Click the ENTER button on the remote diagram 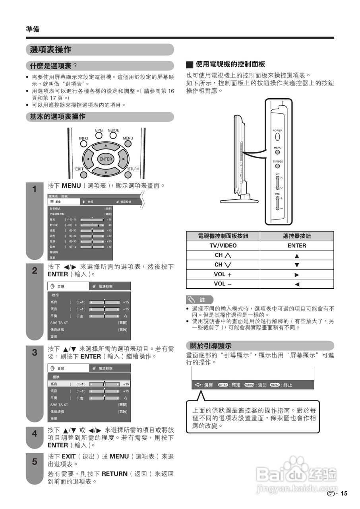pos(106,159)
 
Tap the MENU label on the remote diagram pos(128,138)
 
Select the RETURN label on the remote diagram pos(132,169)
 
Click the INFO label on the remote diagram pos(83,138)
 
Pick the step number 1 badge pos(35,190)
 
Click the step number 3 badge pos(35,352)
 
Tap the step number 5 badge pos(35,462)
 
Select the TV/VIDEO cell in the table pos(223,246)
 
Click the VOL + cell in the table pos(223,274)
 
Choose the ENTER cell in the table pos(296,246)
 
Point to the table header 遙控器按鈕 pos(296,236)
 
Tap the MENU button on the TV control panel pos(277,152)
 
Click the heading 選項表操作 pos(51,50)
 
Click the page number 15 pos(344,493)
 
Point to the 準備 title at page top pos(33,29)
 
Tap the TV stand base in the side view pos(236,198)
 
